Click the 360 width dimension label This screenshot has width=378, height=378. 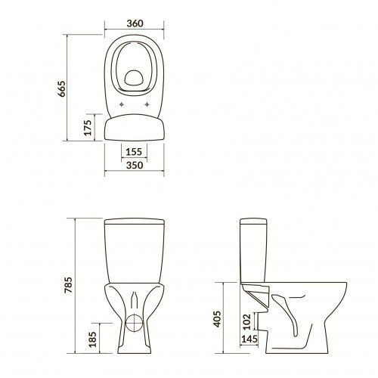click(x=135, y=23)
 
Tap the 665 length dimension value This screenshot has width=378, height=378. click(x=61, y=88)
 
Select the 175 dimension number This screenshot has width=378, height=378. click(x=88, y=128)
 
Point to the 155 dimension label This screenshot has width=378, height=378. click(x=134, y=152)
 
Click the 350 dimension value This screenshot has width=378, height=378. click(x=135, y=166)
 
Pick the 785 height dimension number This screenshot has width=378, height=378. click(x=68, y=285)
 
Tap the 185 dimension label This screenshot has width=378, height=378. click(x=93, y=339)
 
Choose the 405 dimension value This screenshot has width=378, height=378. click(x=217, y=319)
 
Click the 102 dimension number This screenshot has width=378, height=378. click(x=247, y=321)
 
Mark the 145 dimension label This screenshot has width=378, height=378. click(x=249, y=339)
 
